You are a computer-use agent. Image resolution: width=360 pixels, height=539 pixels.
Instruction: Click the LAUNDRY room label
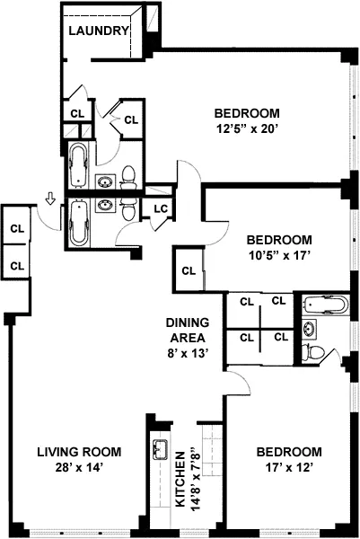pos(102,30)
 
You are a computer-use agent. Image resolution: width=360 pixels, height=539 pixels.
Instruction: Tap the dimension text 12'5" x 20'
pos(246,129)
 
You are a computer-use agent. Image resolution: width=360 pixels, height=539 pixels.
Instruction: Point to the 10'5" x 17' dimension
pos(279,256)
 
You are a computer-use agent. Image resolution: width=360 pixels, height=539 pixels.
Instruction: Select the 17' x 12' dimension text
pos(288,468)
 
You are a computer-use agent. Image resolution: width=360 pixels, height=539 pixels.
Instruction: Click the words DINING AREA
pos(188,330)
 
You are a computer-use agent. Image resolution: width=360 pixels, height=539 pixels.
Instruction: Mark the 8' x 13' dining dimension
pos(188,353)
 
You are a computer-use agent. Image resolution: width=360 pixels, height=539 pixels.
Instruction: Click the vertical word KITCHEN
pos(180,478)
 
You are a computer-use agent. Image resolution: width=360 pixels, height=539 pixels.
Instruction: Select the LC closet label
pos(161,209)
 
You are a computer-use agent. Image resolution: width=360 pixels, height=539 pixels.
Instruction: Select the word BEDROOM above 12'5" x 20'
pos(246,113)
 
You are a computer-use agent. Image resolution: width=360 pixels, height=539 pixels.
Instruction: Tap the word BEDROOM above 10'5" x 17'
pos(279,240)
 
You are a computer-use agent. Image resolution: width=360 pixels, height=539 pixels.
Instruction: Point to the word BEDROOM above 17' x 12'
pos(288,452)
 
